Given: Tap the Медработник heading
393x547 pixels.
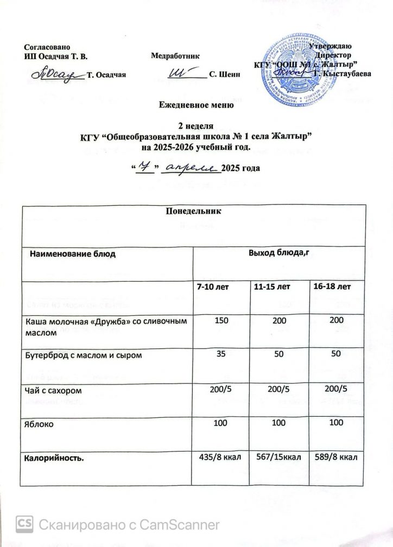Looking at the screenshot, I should coord(175,55).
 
